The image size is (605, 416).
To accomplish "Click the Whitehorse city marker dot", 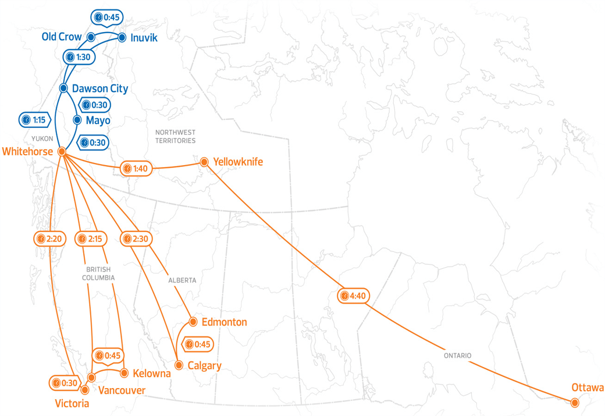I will pyautogui.click(x=62, y=151).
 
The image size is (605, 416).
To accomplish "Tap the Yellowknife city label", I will pyautogui.click(x=238, y=162).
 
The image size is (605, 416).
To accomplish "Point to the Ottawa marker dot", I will pyautogui.click(x=575, y=403).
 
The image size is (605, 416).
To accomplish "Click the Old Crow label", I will pyautogui.click(x=62, y=37).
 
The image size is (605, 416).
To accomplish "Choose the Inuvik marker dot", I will pyautogui.click(x=122, y=37).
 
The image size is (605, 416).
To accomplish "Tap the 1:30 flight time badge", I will pyautogui.click(x=76, y=57).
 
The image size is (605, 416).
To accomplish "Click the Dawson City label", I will pyautogui.click(x=99, y=88).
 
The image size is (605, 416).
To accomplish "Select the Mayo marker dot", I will pyautogui.click(x=77, y=119).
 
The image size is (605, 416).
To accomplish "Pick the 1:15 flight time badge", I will pyautogui.click(x=33, y=120).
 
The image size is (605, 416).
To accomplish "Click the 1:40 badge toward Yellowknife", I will pyautogui.click(x=135, y=169).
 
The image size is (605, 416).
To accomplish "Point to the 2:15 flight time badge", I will pyautogui.click(x=89, y=239).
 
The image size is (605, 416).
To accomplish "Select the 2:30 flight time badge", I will pyautogui.click(x=135, y=239).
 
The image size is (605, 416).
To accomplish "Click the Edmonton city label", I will pyautogui.click(x=224, y=322).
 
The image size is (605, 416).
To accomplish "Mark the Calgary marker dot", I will pyautogui.click(x=179, y=365).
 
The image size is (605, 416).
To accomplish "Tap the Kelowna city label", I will pyautogui.click(x=151, y=374).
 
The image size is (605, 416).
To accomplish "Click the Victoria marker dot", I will pyautogui.click(x=85, y=390).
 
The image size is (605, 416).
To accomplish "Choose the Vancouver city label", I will pyautogui.click(x=122, y=390).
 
